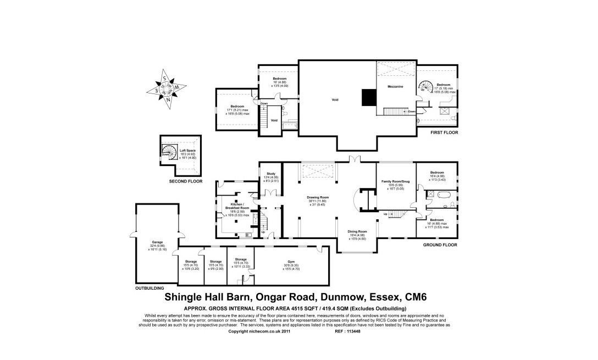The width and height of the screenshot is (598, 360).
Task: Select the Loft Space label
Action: point(188,150)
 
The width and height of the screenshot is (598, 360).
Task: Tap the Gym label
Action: point(291,262)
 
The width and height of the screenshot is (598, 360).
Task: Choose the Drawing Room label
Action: point(318,197)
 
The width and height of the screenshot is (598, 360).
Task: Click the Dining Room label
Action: point(357,231)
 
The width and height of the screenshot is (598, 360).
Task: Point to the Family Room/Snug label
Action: point(396,181)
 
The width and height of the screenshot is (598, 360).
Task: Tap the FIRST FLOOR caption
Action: point(445,132)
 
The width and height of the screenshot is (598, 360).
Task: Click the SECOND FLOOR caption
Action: point(186,181)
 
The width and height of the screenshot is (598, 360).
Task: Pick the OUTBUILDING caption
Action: point(149,287)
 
